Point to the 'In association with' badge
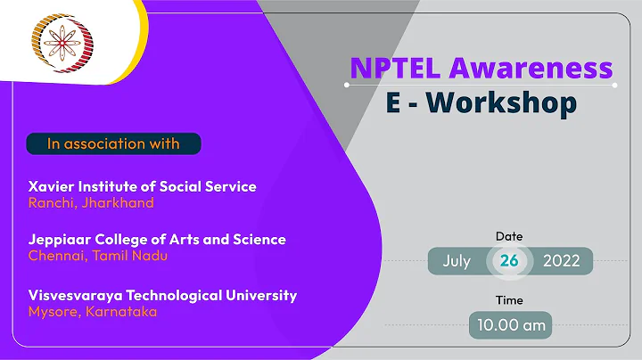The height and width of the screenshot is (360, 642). click(113, 143)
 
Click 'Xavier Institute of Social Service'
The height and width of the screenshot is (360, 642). click(143, 187)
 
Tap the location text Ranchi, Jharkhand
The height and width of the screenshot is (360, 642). click(91, 202)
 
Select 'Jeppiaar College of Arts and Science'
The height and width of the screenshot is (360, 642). click(157, 240)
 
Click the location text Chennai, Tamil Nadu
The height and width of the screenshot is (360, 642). click(98, 256)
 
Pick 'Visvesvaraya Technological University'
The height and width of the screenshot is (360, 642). click(162, 295)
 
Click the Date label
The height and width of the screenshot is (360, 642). click(509, 236)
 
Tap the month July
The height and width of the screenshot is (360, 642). click(457, 261)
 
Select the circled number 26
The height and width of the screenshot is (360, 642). click(509, 261)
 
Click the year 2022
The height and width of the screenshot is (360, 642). click(560, 261)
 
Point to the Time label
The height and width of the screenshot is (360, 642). click(509, 300)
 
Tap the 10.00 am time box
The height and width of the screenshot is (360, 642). click(509, 325)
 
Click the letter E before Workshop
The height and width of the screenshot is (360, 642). click(393, 103)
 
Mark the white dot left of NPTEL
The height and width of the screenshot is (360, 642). click(347, 86)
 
